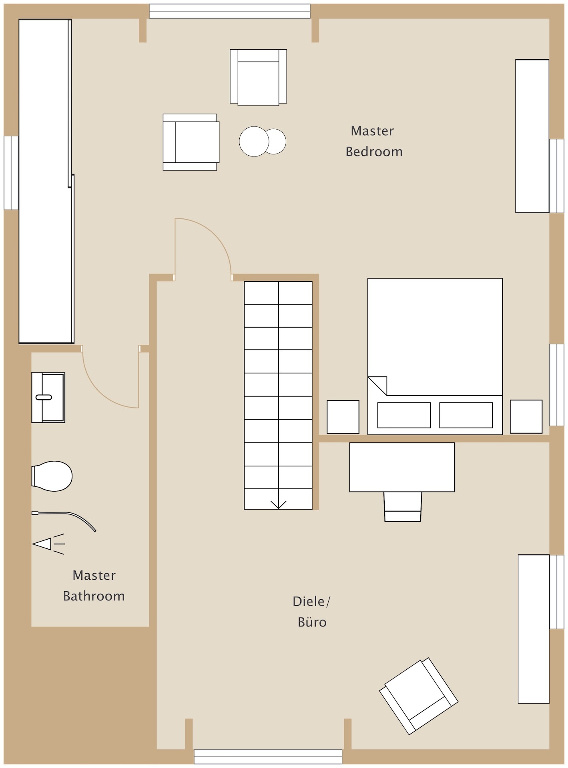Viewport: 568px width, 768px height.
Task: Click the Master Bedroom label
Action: click(x=374, y=141)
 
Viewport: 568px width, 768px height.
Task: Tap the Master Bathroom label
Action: click(x=94, y=586)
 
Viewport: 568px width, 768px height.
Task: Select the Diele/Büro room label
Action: click(x=312, y=612)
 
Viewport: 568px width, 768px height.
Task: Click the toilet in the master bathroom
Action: click(x=52, y=476)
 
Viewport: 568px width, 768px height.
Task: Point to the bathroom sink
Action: click(x=48, y=398)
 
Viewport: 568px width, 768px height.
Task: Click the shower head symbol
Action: click(x=48, y=544)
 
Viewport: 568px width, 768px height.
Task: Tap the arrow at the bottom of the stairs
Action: click(x=278, y=505)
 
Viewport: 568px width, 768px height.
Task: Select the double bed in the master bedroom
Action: click(x=435, y=356)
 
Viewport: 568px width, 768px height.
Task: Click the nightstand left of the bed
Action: click(x=343, y=417)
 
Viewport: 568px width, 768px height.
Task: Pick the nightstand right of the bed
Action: click(x=526, y=416)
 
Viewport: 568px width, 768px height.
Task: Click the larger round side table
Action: click(x=254, y=141)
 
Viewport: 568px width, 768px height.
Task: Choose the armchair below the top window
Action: click(x=258, y=77)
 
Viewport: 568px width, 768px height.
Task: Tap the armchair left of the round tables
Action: click(x=191, y=142)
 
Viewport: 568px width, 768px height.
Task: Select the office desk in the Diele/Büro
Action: click(x=402, y=467)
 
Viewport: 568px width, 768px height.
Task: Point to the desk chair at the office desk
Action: click(x=403, y=506)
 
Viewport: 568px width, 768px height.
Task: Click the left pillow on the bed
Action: click(x=404, y=415)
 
